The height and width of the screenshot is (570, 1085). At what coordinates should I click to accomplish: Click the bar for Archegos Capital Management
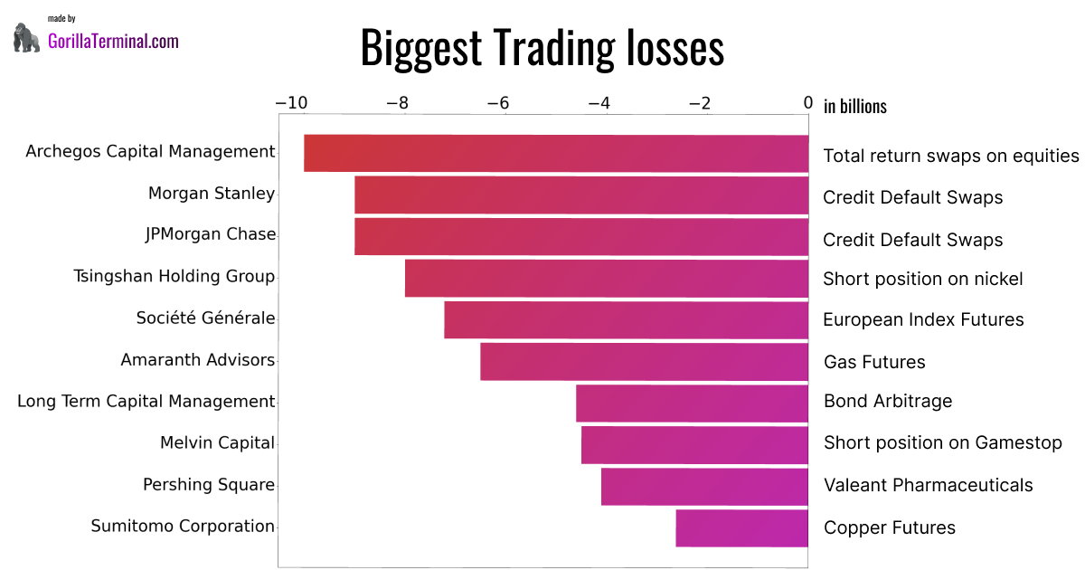pos(556,153)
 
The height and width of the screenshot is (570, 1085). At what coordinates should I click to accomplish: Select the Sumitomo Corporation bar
pos(741,528)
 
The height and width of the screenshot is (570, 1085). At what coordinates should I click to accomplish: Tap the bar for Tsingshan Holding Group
pos(607,279)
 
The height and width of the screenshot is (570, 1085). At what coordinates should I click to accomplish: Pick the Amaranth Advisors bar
pos(644,362)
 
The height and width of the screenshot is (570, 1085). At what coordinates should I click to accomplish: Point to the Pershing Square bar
pos(704,487)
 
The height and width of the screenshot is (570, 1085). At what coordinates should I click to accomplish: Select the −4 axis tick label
pos(599,103)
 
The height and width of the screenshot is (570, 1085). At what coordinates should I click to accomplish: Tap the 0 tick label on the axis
pos(808,103)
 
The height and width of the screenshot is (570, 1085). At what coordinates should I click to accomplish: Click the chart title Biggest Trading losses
pos(542,47)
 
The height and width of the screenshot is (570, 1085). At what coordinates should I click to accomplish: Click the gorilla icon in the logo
pos(27,37)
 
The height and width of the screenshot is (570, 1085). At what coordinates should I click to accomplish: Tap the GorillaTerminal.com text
pos(113,41)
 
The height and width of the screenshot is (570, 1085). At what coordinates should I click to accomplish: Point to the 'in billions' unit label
pos(854,107)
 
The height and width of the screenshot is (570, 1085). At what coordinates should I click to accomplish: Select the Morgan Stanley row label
pos(212,193)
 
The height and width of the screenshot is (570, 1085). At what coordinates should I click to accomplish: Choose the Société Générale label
pos(205,318)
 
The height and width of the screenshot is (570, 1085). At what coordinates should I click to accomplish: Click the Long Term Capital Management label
pos(146,401)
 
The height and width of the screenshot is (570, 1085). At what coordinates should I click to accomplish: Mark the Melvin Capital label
pos(217,442)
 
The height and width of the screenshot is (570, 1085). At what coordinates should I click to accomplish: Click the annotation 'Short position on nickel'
pos(922,279)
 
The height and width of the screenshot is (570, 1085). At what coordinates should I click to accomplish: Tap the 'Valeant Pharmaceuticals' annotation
pos(928,485)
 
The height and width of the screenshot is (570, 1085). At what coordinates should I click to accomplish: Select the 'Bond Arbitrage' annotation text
pos(887,401)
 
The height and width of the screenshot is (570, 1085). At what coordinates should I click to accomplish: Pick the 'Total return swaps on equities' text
pos(950,156)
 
